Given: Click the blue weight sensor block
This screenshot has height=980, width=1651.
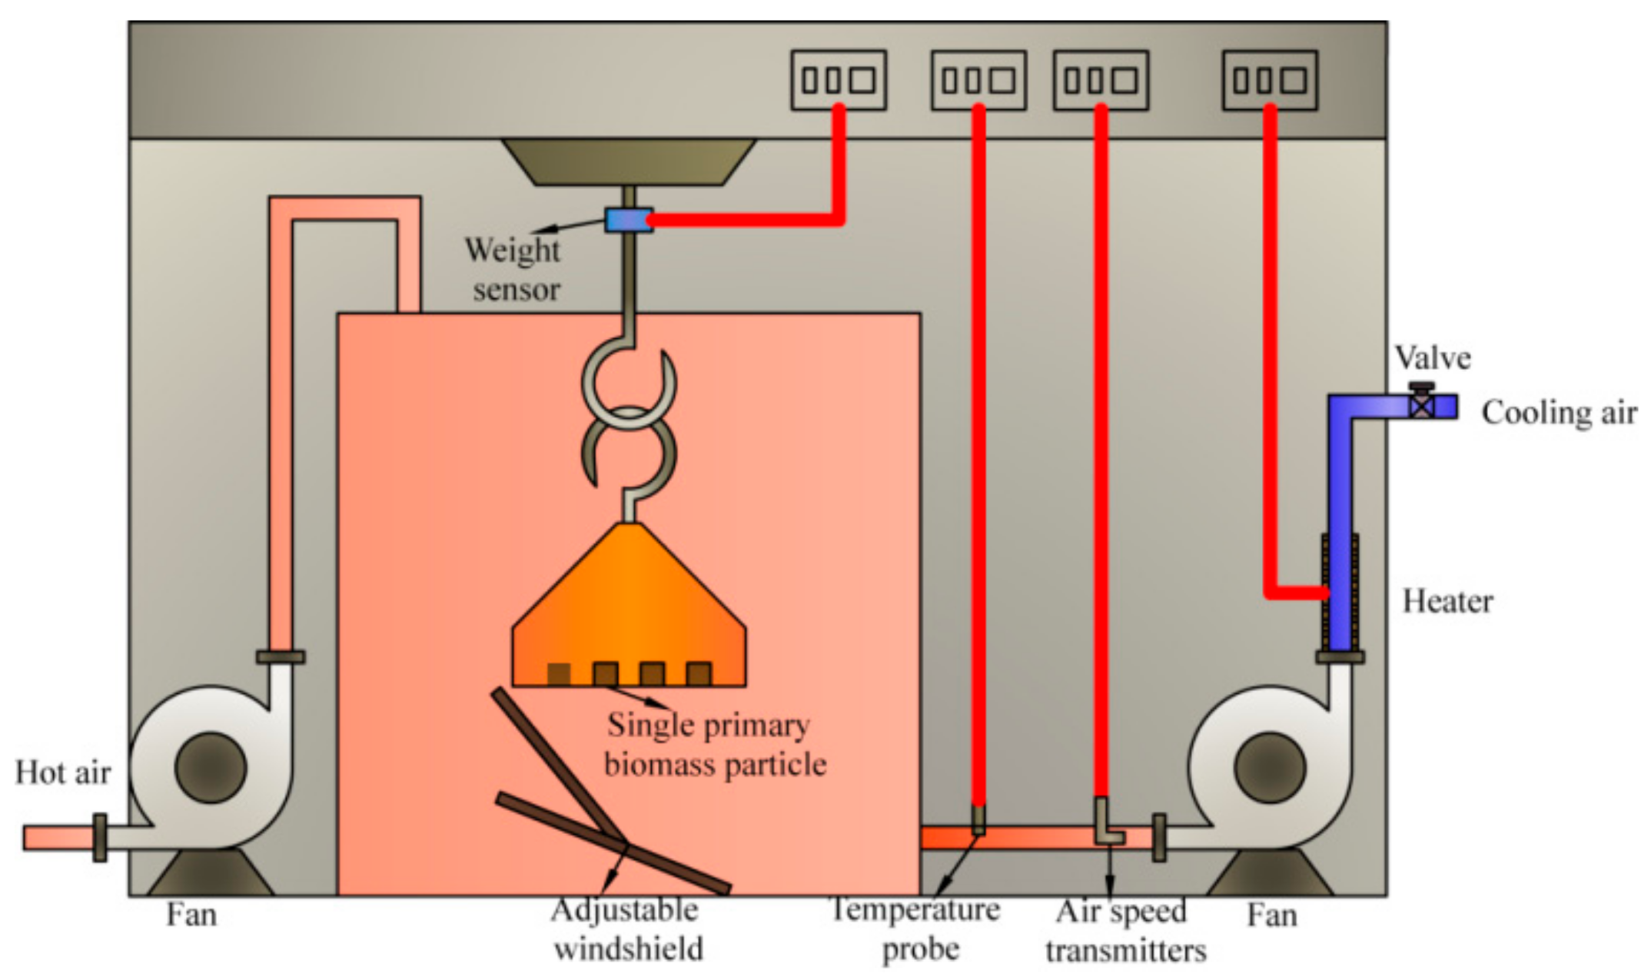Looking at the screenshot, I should pyautogui.click(x=628, y=221).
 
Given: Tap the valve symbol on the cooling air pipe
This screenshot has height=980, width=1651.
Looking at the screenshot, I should pyautogui.click(x=1422, y=406).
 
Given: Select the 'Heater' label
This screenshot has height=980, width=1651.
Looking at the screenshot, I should pyautogui.click(x=1447, y=601).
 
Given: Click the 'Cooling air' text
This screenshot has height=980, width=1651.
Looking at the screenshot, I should pyautogui.click(x=1559, y=413).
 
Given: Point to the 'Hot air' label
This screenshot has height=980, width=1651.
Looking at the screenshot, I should pyautogui.click(x=63, y=772).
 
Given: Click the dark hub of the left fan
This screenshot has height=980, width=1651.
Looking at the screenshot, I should pyautogui.click(x=211, y=768).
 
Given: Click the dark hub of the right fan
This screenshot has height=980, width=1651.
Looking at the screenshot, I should pyautogui.click(x=1270, y=768).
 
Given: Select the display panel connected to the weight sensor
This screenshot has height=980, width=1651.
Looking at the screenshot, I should pyautogui.click(x=839, y=80).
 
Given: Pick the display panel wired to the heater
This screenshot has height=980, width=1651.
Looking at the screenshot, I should pyautogui.click(x=1270, y=80).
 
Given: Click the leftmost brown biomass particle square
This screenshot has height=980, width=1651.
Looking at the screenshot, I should pyautogui.click(x=559, y=674).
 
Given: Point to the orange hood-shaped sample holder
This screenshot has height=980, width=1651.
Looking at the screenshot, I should pyautogui.click(x=629, y=607).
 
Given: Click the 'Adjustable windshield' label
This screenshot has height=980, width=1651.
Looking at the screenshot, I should pyautogui.click(x=626, y=929).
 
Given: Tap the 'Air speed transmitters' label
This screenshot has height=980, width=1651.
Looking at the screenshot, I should pyautogui.click(x=1124, y=931).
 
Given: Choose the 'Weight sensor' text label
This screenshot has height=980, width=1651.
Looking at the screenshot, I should pyautogui.click(x=513, y=270).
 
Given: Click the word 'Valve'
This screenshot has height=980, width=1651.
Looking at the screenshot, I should pyautogui.click(x=1432, y=358).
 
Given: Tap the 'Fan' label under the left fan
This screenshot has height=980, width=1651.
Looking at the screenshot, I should pyautogui.click(x=191, y=915).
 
